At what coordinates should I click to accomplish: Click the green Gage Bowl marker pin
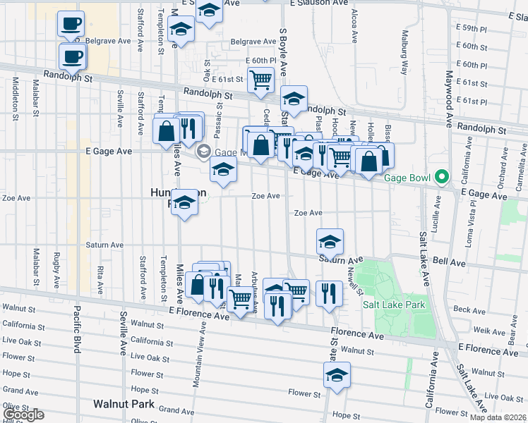[x=443, y=176]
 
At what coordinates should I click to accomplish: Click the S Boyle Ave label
[x=284, y=54]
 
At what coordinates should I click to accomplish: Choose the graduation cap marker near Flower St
[x=337, y=376]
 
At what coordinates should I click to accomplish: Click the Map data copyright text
[x=497, y=417]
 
